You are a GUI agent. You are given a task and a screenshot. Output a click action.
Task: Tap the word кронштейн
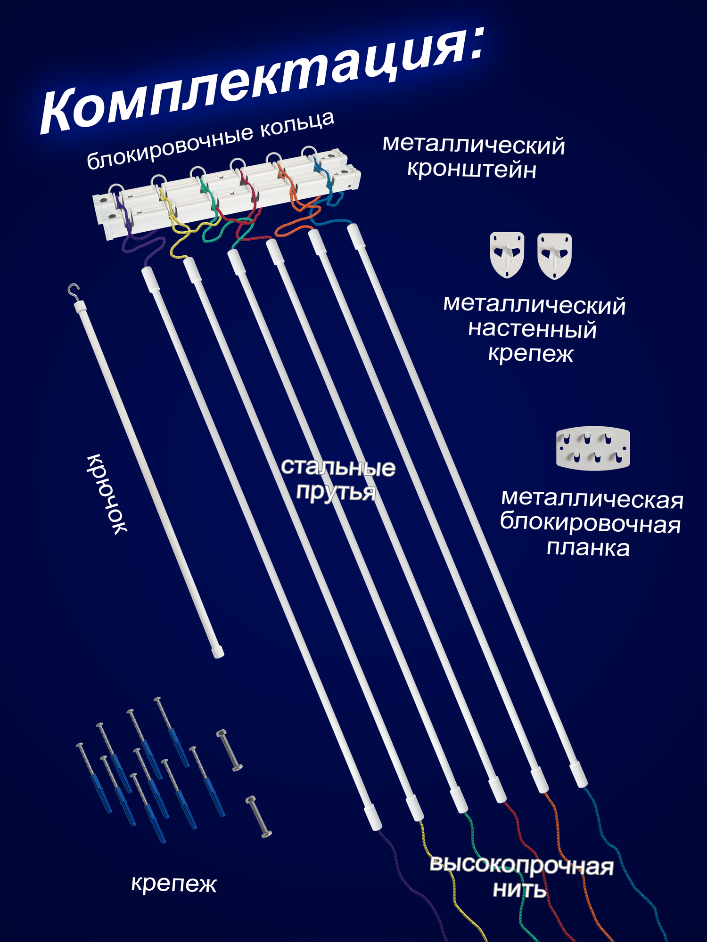pyautogui.click(x=471, y=170)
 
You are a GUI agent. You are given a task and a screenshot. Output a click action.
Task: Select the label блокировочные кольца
pyautogui.click(x=211, y=140)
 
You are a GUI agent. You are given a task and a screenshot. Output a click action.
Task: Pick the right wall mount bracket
pyautogui.click(x=554, y=255)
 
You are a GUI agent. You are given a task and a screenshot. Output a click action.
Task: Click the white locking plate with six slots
pyautogui.click(x=592, y=448)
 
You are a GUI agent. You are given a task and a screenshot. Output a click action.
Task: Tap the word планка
pyautogui.click(x=588, y=548)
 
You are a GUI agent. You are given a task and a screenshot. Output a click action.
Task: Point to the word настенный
pyautogui.click(x=532, y=329)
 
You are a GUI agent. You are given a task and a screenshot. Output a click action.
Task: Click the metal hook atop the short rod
pyautogui.click(x=73, y=290)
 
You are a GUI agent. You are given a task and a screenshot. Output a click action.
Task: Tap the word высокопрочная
pyautogui.click(x=521, y=866)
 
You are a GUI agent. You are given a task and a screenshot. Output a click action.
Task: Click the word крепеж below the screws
pyautogui.click(x=173, y=884)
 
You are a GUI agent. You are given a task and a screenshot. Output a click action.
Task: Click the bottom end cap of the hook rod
pyautogui.click(x=217, y=652)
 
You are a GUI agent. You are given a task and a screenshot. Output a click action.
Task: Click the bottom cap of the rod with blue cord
pyautogui.click(x=578, y=774)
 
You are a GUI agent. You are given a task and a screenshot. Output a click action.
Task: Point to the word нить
pyautogui.click(x=519, y=890)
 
